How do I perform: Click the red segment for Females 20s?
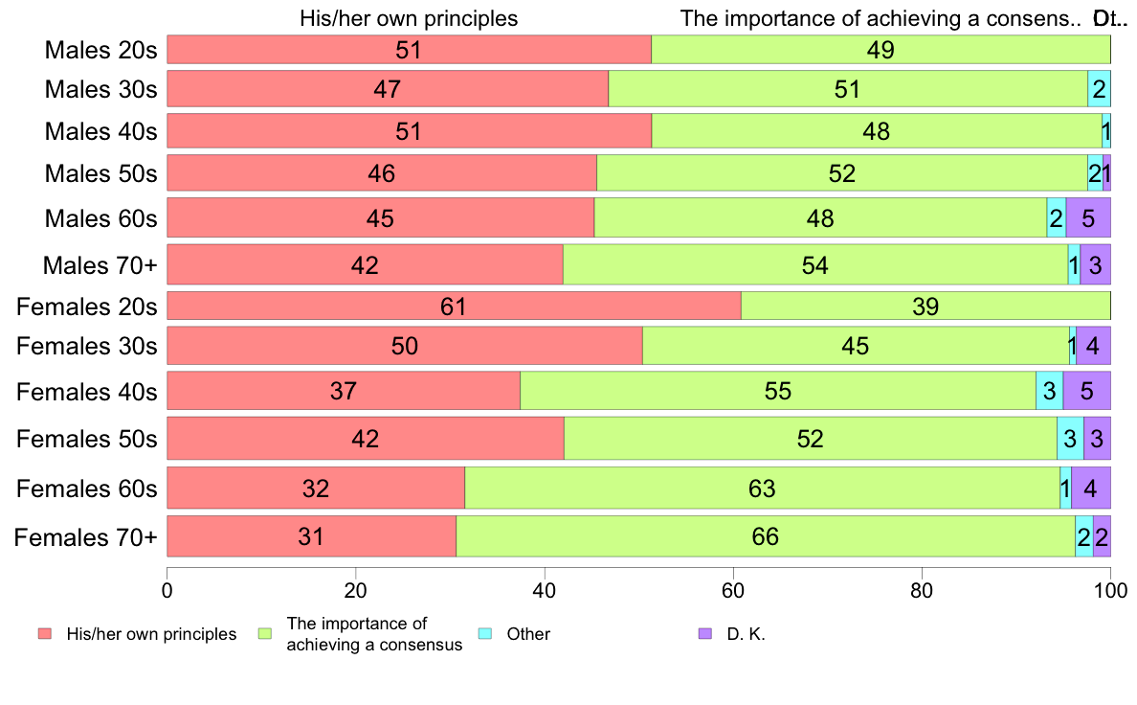pos(454,307)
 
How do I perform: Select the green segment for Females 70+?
pos(766,536)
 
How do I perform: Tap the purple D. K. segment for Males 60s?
pos(1088,218)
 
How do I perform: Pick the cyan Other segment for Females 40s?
pos(1049,391)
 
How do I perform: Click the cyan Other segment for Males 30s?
pos(1099,89)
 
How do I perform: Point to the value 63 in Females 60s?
pos(762,489)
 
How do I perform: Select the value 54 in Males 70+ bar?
pos(815,264)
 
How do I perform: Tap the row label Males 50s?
pos(100,173)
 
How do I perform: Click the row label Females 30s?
pos(86,346)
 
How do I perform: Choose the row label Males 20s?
pos(100,50)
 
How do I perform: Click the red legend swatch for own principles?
pos(44,634)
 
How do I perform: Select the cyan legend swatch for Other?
pos(485,634)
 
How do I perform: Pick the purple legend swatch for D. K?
pos(705,634)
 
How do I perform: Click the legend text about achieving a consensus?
pos(374,634)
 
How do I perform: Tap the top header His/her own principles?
pos(409,18)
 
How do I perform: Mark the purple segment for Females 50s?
pos(1097,439)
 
